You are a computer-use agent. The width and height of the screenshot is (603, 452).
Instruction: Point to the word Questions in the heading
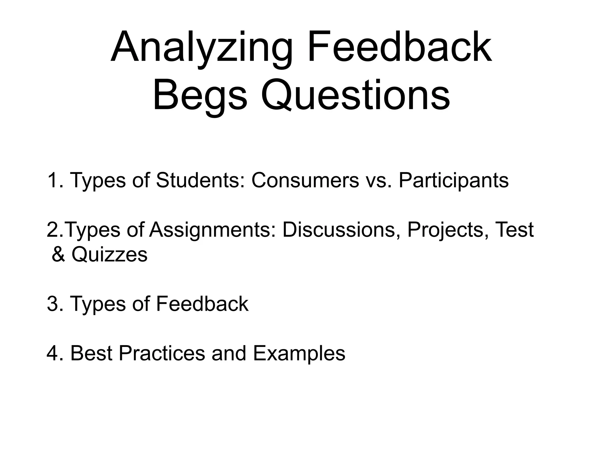355,96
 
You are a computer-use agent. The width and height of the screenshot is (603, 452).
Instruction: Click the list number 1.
55,180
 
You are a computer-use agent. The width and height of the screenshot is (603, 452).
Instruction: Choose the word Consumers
305,180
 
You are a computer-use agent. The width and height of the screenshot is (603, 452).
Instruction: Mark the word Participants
453,180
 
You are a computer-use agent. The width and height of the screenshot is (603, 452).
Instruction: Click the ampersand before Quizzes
58,255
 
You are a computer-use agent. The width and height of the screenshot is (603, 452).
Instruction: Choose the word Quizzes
109,255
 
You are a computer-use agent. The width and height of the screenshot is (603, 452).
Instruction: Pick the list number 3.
55,304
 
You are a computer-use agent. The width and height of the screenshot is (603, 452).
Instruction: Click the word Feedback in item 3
202,304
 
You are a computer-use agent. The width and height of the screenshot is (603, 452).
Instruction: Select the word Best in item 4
91,353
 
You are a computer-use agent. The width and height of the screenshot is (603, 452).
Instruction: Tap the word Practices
162,353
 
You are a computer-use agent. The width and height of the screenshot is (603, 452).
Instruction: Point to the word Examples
299,353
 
